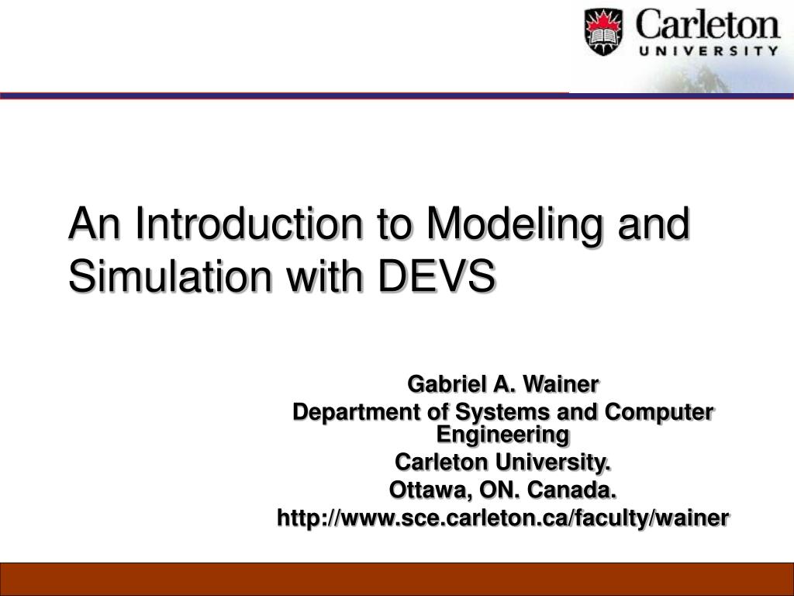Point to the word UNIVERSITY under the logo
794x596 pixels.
click(708, 53)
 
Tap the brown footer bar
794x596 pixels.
click(397, 579)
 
